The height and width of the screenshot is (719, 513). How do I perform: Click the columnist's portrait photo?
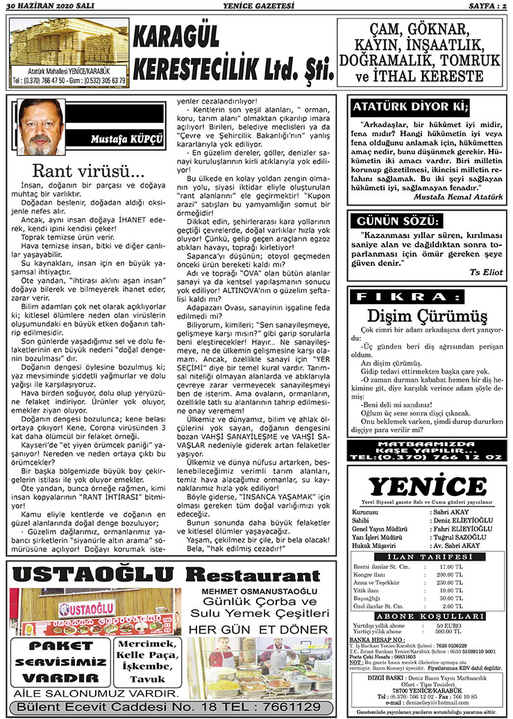coord(42,126)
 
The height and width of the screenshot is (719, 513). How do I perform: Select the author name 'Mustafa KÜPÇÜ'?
coord(127,140)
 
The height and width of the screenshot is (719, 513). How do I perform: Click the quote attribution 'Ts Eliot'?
coord(486,272)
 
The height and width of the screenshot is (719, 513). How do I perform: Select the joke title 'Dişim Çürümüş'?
coord(427,317)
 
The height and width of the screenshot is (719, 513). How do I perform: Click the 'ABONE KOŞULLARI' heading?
coord(427,615)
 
